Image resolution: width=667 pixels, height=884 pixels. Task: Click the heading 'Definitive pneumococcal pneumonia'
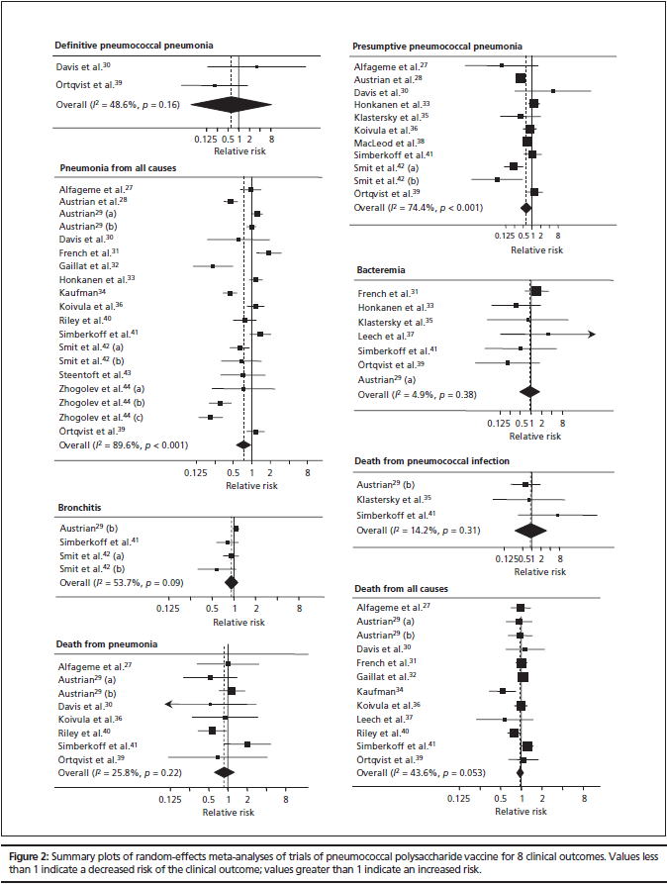click(x=134, y=46)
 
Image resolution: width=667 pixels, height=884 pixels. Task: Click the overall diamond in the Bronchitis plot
click(x=233, y=582)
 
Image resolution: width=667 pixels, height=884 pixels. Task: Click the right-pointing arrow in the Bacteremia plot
click(x=591, y=335)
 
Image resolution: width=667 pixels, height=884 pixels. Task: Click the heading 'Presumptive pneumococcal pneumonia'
click(x=438, y=46)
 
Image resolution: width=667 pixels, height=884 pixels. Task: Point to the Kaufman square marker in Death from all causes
click(x=503, y=691)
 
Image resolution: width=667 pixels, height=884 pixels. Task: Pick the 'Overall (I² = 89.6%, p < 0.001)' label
click(x=122, y=445)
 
